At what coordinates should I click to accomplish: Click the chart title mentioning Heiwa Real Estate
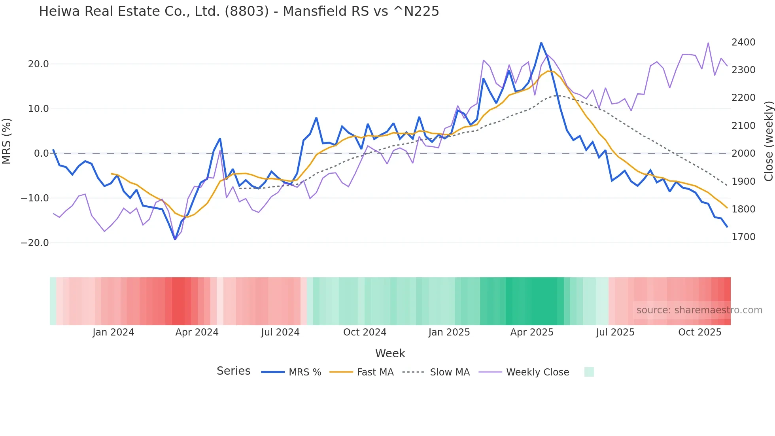click(239, 11)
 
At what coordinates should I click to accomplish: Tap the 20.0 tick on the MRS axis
click(38, 64)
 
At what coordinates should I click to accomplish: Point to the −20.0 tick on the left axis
click(35, 243)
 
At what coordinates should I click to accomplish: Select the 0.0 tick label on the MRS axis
click(41, 154)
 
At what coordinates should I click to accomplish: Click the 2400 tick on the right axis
click(743, 42)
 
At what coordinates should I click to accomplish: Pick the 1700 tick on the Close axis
click(743, 237)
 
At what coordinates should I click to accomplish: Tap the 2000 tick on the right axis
click(743, 154)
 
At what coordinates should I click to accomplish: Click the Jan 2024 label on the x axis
click(113, 332)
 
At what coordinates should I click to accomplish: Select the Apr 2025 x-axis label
click(532, 332)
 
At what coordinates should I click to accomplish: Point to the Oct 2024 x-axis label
click(365, 332)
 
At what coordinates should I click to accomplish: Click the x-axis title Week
click(390, 353)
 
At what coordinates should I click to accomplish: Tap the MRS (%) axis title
click(7, 141)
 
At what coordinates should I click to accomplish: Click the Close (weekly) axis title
click(768, 141)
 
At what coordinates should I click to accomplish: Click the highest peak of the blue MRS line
click(541, 43)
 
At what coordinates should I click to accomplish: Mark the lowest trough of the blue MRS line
click(175, 239)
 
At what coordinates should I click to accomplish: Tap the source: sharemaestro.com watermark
click(699, 310)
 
